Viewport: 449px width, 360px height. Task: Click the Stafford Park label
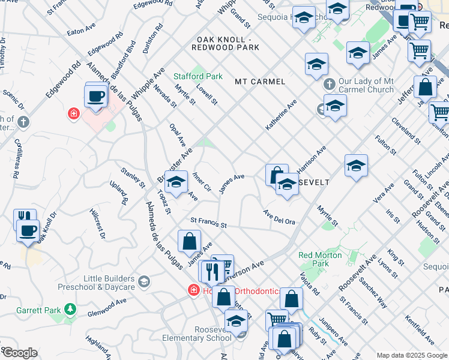click(197, 76)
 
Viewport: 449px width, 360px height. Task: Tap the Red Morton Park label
click(321, 259)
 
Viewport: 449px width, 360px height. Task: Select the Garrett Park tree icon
click(71, 309)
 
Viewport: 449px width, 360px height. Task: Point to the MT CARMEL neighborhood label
click(260, 81)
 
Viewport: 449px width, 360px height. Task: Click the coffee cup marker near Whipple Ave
click(96, 96)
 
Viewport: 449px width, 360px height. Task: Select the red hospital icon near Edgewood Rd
click(74, 113)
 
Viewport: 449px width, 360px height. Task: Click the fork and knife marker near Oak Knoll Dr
click(24, 217)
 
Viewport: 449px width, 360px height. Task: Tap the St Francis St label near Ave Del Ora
click(208, 224)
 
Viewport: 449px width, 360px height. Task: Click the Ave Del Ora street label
click(279, 218)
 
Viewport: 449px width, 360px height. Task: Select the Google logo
click(20, 353)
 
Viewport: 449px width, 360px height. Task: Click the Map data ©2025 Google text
click(412, 355)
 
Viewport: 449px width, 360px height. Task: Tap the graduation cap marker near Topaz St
click(176, 182)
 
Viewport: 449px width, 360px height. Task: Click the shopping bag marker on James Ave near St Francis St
click(189, 241)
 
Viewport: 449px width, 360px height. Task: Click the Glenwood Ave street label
click(111, 308)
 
